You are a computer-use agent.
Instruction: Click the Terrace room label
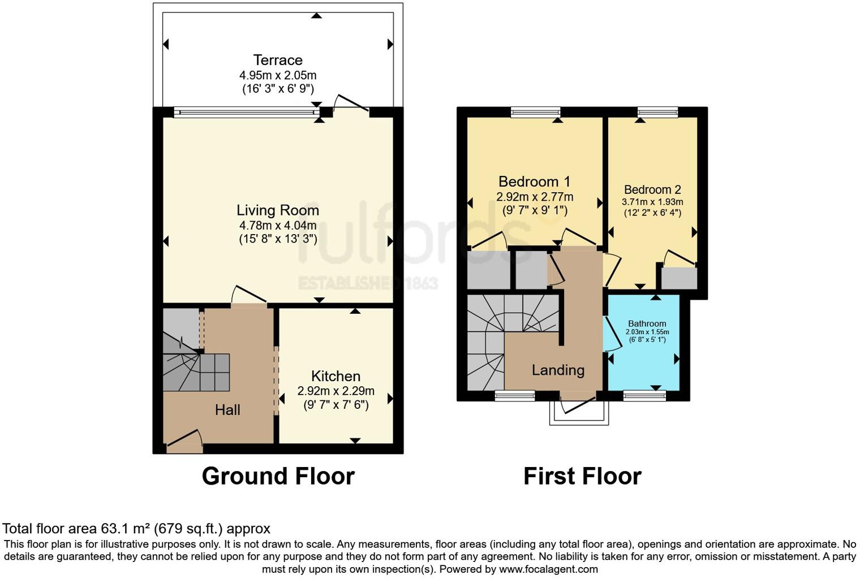(277, 60)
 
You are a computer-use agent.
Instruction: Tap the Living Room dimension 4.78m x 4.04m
(277, 225)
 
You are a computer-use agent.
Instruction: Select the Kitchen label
(336, 376)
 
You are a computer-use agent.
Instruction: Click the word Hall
(227, 410)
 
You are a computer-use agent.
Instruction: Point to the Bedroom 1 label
(534, 182)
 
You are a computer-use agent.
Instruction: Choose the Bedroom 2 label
(652, 190)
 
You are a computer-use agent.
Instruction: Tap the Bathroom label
(647, 323)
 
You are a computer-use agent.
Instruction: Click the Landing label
(558, 370)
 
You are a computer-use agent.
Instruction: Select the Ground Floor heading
(278, 476)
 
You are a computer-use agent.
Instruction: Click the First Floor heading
(582, 476)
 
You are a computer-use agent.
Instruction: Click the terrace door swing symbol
(351, 103)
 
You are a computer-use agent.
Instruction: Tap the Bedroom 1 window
(535, 112)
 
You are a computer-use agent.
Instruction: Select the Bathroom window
(644, 396)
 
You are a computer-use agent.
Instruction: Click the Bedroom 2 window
(657, 112)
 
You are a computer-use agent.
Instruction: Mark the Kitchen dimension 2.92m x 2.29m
(336, 391)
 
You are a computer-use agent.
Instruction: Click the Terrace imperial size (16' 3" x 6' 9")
(277, 89)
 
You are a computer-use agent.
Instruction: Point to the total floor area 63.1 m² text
(136, 529)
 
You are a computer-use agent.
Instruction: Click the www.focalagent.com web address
(548, 569)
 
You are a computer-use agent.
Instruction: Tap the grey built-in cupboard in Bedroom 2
(679, 278)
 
